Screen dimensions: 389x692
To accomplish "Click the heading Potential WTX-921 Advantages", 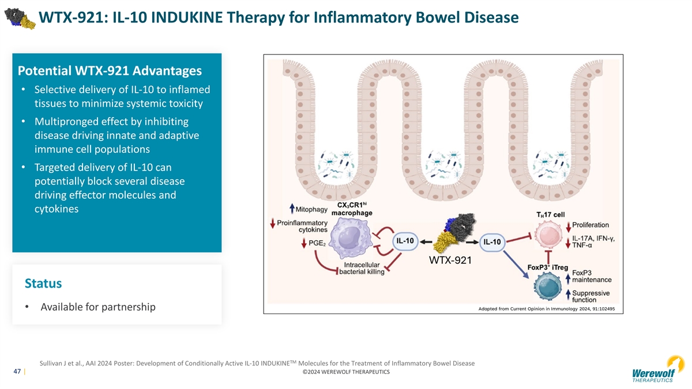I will [110, 71].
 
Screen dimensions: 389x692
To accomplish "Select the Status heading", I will [43, 284].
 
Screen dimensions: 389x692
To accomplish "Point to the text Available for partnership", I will [97, 307].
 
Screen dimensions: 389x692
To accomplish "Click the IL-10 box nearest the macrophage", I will [405, 241].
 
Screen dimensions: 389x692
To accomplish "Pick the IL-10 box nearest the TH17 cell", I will [491, 241].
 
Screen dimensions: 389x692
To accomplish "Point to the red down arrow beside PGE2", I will [304, 243].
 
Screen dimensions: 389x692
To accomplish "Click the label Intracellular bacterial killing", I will [363, 268].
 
